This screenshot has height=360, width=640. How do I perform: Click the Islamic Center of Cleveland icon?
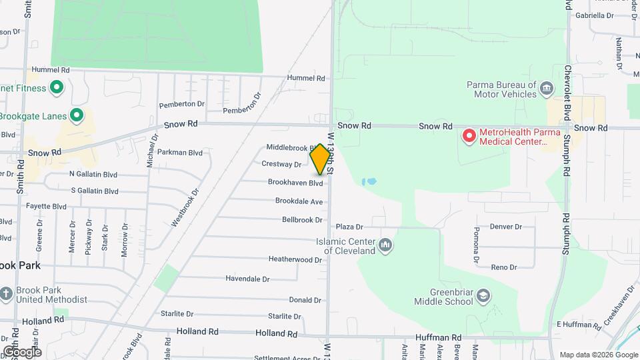385,246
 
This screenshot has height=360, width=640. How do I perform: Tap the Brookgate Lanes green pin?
77,116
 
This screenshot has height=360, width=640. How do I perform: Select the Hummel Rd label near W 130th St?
306,78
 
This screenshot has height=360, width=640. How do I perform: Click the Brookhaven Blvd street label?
295,183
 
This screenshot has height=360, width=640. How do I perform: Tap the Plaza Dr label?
349,227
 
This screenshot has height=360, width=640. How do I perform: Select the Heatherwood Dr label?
295,259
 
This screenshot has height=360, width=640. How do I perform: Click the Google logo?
21,352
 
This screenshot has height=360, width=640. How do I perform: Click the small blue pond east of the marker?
369,181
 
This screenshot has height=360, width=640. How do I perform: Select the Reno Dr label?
504,267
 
